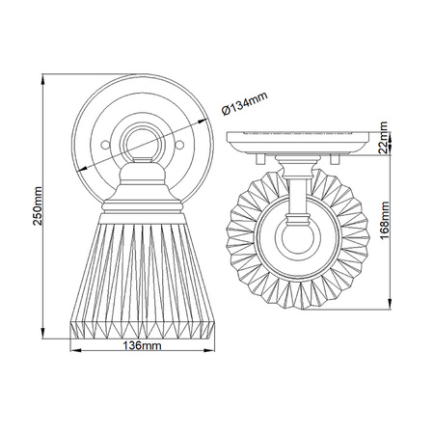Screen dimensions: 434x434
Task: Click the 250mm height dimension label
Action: [38, 206]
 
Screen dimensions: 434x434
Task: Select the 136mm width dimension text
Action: [142, 346]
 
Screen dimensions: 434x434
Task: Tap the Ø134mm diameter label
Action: [244, 103]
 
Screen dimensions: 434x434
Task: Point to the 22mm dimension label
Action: [384, 138]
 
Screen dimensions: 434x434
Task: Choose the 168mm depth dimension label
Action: [385, 221]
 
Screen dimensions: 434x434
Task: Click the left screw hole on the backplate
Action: [105, 145]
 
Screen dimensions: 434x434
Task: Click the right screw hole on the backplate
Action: [179, 145]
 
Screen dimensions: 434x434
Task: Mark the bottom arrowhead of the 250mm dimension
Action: [42, 334]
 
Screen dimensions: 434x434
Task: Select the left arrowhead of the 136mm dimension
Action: [75, 350]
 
